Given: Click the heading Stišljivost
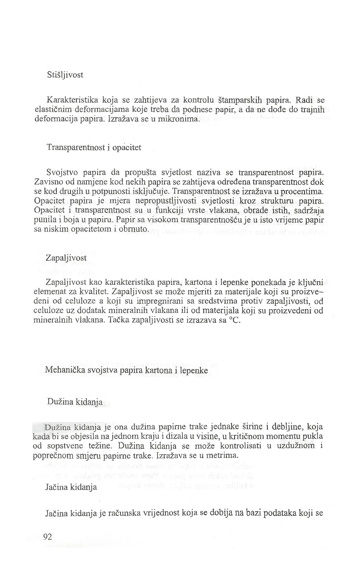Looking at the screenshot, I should (x=65, y=74).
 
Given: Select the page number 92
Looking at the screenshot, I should (x=47, y=537).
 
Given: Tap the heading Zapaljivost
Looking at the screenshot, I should (x=66, y=258).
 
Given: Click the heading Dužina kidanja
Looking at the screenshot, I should (x=75, y=402).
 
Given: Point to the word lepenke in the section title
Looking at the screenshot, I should (x=194, y=370).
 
